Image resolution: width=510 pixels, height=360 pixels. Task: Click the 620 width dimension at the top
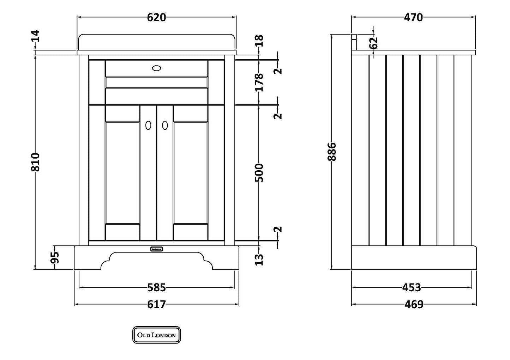click(156, 17)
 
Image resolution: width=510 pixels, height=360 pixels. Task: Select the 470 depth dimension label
click(413, 17)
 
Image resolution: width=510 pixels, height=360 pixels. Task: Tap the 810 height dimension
click(36, 162)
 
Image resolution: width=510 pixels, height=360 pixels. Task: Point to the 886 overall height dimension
click(332, 152)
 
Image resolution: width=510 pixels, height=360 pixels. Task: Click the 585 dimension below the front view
click(156, 288)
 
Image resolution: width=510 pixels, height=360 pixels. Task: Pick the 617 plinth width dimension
click(156, 304)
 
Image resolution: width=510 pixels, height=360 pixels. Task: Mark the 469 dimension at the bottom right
click(413, 304)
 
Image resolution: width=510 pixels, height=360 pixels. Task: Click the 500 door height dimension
click(259, 173)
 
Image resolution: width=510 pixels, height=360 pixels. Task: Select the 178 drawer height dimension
click(259, 82)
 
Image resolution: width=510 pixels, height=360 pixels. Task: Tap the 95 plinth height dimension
click(55, 258)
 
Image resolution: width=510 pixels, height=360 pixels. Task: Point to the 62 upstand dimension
click(373, 43)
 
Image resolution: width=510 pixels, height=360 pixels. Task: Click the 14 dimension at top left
click(36, 36)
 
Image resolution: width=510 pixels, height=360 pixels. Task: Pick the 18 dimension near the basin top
click(259, 41)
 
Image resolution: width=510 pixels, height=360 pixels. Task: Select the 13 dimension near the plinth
click(259, 260)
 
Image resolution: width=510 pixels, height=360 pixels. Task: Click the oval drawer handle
click(156, 68)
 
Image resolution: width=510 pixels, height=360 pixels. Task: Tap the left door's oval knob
click(148, 125)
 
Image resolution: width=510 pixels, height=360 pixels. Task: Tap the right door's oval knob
click(165, 125)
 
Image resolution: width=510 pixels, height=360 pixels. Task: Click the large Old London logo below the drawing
click(156, 335)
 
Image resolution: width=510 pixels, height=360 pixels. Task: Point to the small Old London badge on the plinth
click(156, 249)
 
